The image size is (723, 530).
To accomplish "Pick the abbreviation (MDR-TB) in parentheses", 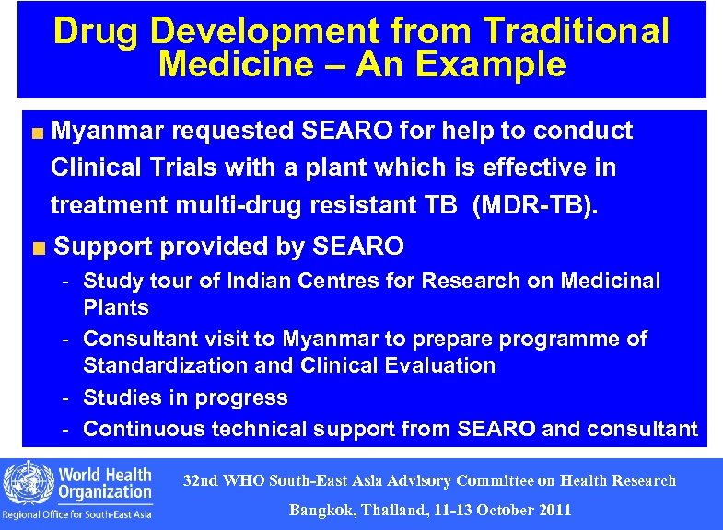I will click(x=534, y=205).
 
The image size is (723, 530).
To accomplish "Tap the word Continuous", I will click(x=145, y=429).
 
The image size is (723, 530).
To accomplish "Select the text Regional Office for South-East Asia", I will click(x=77, y=513).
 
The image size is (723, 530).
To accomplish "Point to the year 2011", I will click(x=553, y=510).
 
